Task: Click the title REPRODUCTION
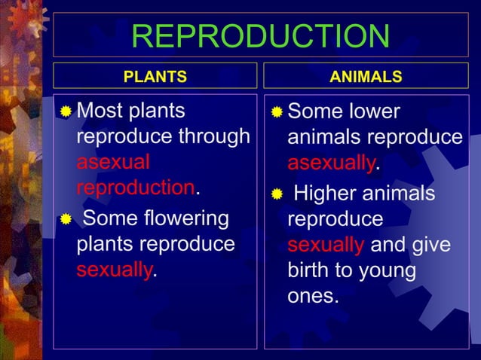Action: tap(260, 36)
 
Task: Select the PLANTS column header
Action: tap(155, 77)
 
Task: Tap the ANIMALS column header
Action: tap(366, 77)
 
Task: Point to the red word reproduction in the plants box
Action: tap(136, 187)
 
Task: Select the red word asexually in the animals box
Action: tap(331, 163)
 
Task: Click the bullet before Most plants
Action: tap(67, 113)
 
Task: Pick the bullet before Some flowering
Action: tap(67, 219)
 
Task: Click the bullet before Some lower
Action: tap(277, 113)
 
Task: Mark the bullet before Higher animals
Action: tap(277, 195)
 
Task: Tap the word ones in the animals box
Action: tap(313, 295)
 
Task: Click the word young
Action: tap(388, 270)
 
